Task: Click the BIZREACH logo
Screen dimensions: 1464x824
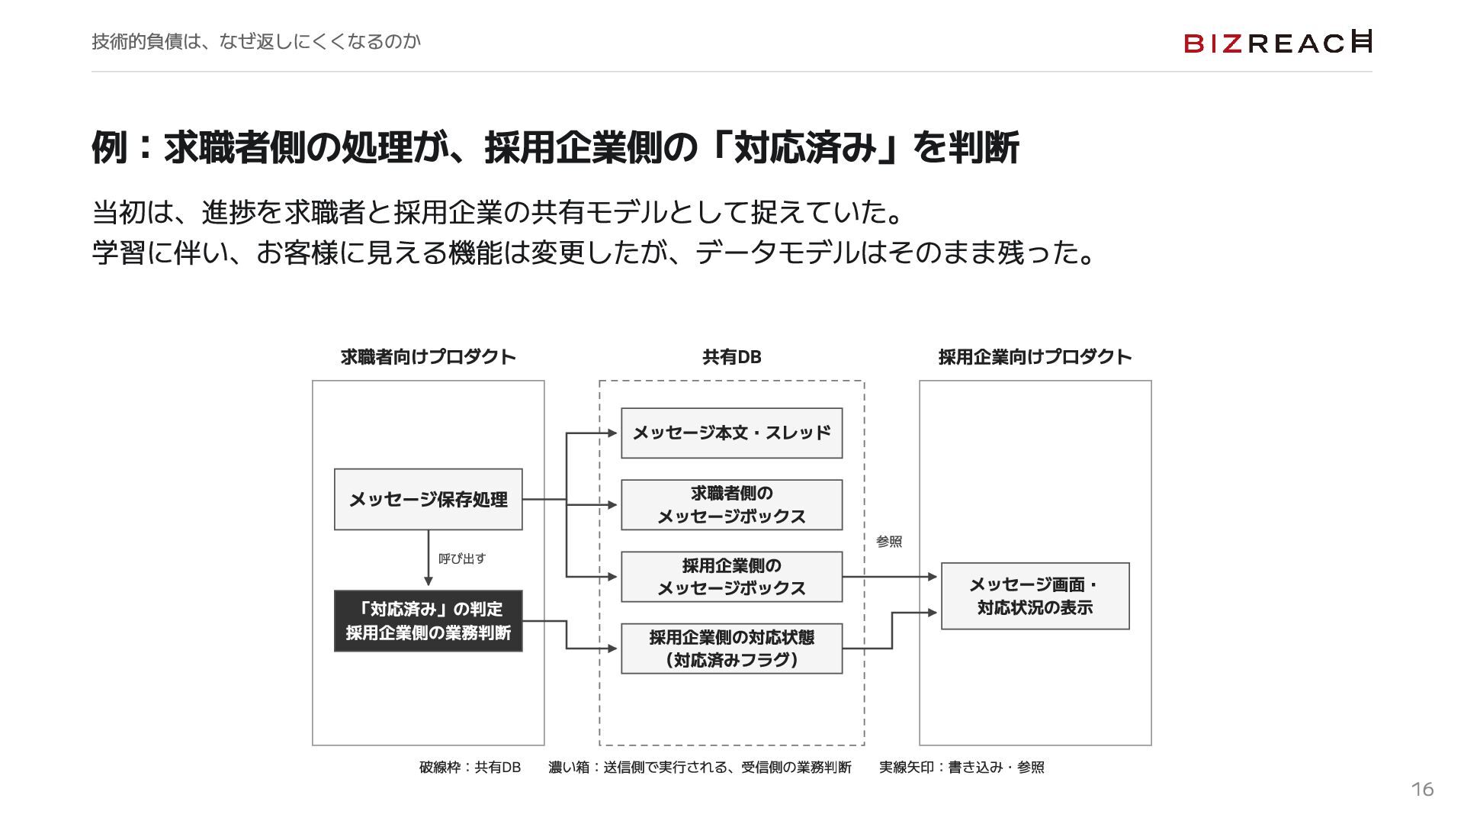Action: (x=1278, y=42)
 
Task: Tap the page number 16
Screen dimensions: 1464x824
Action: (x=1422, y=790)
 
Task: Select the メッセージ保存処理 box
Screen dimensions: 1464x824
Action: (x=429, y=500)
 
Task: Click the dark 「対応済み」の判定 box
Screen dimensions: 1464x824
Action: (x=429, y=621)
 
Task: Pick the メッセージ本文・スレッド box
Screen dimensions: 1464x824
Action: (x=732, y=433)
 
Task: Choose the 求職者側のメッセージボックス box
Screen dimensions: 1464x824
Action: (x=732, y=505)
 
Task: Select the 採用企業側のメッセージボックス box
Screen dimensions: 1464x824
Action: (x=732, y=577)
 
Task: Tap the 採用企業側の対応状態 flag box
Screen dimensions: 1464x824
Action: (x=732, y=649)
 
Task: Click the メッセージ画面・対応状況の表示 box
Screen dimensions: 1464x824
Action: (x=1035, y=596)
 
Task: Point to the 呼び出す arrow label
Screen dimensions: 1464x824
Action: (x=462, y=558)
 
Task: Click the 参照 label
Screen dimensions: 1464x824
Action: (x=889, y=542)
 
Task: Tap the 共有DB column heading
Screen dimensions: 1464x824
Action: (x=732, y=357)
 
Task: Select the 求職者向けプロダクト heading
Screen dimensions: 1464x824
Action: (x=429, y=357)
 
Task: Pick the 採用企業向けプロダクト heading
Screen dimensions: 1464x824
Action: (x=1035, y=357)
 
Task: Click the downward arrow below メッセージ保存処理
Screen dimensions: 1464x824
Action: (x=429, y=558)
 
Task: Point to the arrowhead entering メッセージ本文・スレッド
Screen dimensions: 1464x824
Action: (x=612, y=433)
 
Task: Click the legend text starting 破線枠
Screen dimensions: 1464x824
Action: (x=470, y=768)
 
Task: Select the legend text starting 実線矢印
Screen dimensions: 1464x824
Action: (x=962, y=768)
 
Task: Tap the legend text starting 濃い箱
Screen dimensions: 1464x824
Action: (x=700, y=768)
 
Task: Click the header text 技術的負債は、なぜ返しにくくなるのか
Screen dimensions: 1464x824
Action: (x=256, y=41)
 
